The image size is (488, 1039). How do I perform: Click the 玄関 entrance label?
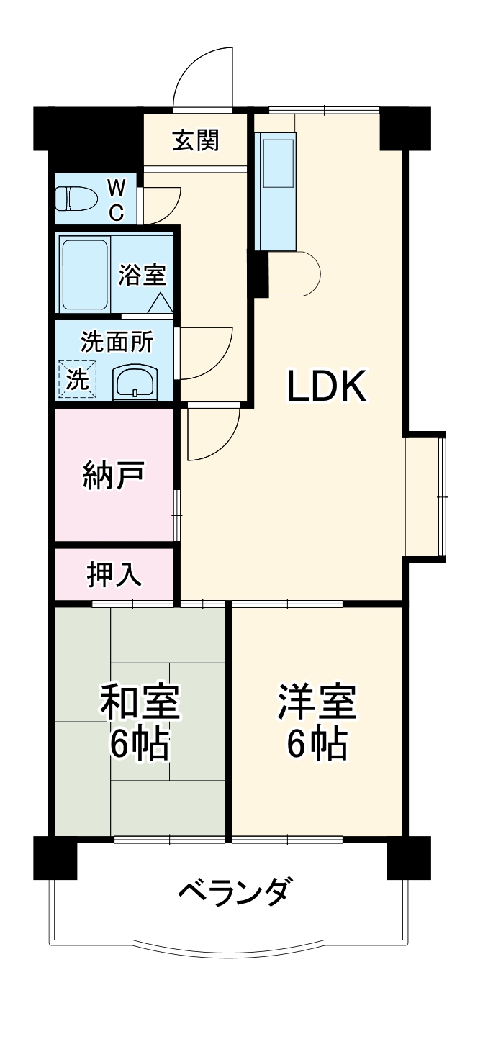tap(195, 141)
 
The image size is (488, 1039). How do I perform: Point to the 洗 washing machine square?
tap(76, 379)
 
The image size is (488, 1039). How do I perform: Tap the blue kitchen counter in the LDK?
tap(276, 193)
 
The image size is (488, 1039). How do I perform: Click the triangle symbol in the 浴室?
tap(160, 303)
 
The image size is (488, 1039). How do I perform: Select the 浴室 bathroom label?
tap(143, 274)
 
